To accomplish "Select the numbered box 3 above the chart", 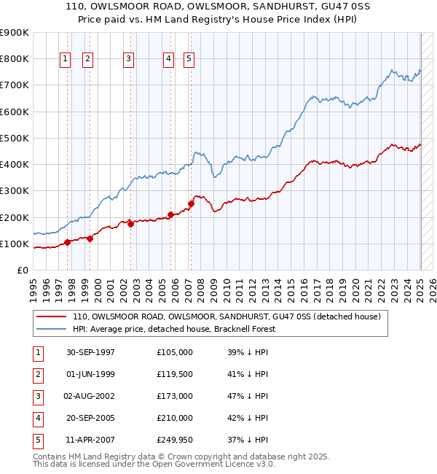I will pos(128,59).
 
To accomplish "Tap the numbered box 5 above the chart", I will pos(189,59).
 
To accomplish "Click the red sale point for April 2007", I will pos(191,203).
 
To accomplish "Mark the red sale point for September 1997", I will pos(67,242).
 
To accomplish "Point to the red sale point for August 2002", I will pos(130,225).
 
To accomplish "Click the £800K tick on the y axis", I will pos(14,58).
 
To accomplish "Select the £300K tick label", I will pos(14,190).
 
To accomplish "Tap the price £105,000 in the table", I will pos(174,352).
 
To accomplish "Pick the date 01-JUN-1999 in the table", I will pos(90,374).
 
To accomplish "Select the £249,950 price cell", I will pos(174,440).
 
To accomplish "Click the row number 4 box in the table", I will pos(37,418).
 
